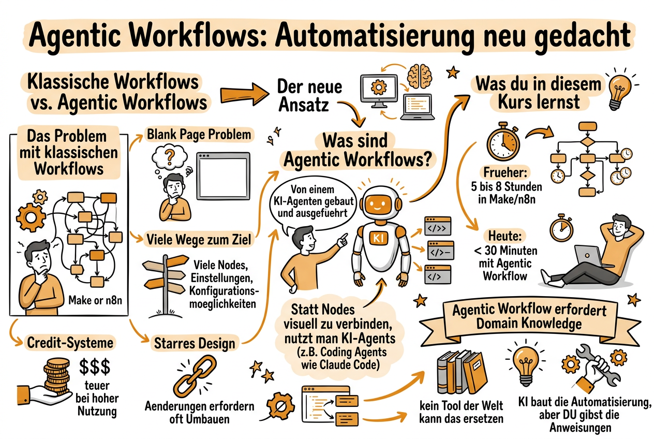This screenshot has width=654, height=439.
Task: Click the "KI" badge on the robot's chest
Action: click(x=376, y=238)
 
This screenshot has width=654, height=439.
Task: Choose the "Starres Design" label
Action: click(x=195, y=343)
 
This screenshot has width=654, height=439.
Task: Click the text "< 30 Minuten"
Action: click(x=505, y=251)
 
